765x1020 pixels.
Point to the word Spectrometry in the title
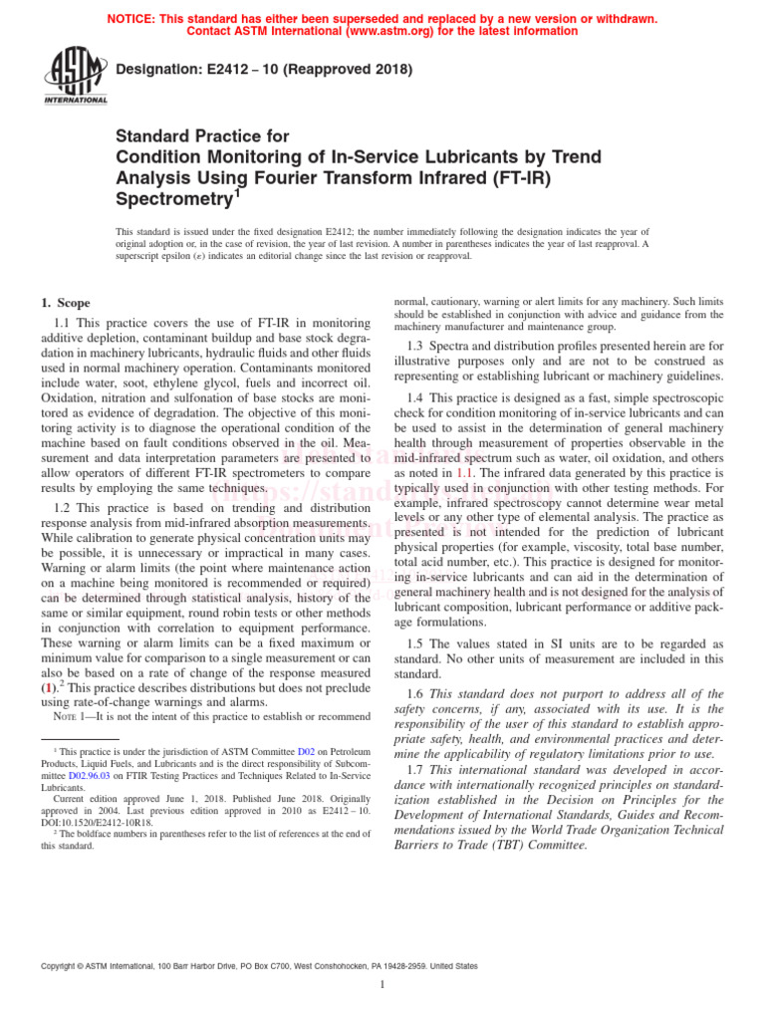[173, 198]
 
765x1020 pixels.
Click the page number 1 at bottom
[382, 985]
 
